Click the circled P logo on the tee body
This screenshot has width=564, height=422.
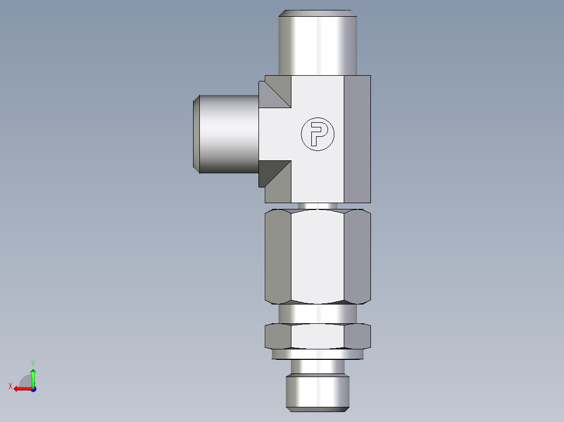click(x=317, y=134)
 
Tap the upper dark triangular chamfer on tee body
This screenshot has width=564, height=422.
click(x=276, y=92)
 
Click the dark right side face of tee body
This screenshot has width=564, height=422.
click(x=357, y=138)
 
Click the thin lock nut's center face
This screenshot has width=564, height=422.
click(x=318, y=336)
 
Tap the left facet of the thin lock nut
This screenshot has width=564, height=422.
click(x=278, y=336)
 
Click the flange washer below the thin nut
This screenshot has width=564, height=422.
click(x=318, y=354)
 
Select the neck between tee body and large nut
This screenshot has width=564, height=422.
click(x=318, y=206)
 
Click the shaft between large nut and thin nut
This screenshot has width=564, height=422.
click(x=318, y=313)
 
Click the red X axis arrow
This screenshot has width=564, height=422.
click(x=21, y=389)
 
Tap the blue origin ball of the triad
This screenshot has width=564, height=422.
click(x=33, y=389)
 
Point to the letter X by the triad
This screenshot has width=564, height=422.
click(x=10, y=386)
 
